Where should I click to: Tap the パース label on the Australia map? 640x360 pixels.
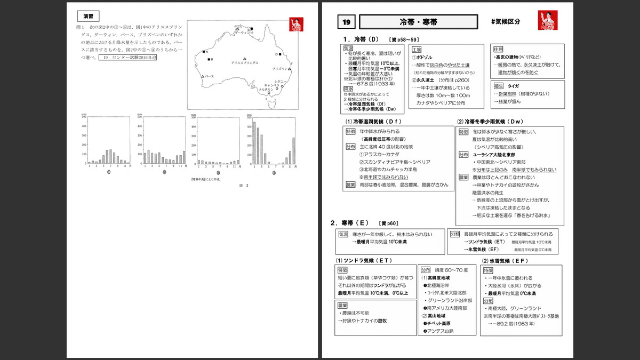[210, 76]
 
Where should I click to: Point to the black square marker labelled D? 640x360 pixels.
[282, 54]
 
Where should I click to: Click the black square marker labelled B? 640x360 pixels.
[209, 59]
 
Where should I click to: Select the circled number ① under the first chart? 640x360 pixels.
[109, 172]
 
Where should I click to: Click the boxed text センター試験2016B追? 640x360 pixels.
[127, 58]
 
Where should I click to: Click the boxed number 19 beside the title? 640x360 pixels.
[347, 22]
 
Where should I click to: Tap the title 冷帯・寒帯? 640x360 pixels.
[418, 22]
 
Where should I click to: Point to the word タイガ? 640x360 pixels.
[513, 85]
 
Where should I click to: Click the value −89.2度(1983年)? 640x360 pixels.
[516, 323]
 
